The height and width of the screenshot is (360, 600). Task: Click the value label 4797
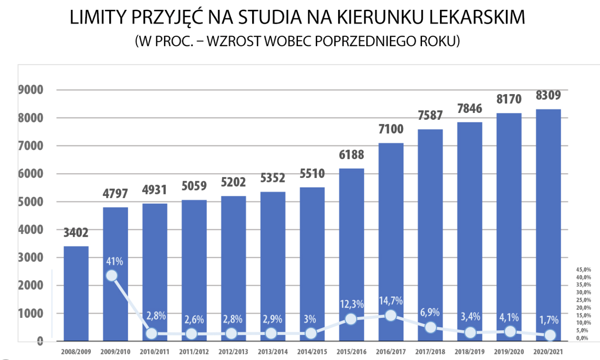point(115,193)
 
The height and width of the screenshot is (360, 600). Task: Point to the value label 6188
point(351,155)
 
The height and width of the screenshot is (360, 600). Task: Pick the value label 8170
point(509,99)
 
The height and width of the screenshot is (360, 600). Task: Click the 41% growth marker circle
point(112,276)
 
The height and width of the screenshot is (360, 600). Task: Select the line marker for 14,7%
point(391,315)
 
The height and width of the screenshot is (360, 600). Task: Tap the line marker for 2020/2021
point(550,335)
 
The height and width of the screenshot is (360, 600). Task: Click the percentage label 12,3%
point(352,304)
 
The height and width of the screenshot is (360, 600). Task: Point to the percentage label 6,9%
point(430,313)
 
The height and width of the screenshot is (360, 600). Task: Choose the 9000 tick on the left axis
point(31,90)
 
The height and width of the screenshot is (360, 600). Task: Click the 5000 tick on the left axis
point(31,202)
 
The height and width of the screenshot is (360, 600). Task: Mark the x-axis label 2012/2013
point(233,352)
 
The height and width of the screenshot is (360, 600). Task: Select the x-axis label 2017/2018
point(430,352)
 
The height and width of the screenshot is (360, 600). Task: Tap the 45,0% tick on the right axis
point(583,270)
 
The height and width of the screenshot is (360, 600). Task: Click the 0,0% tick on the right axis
point(582,338)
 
